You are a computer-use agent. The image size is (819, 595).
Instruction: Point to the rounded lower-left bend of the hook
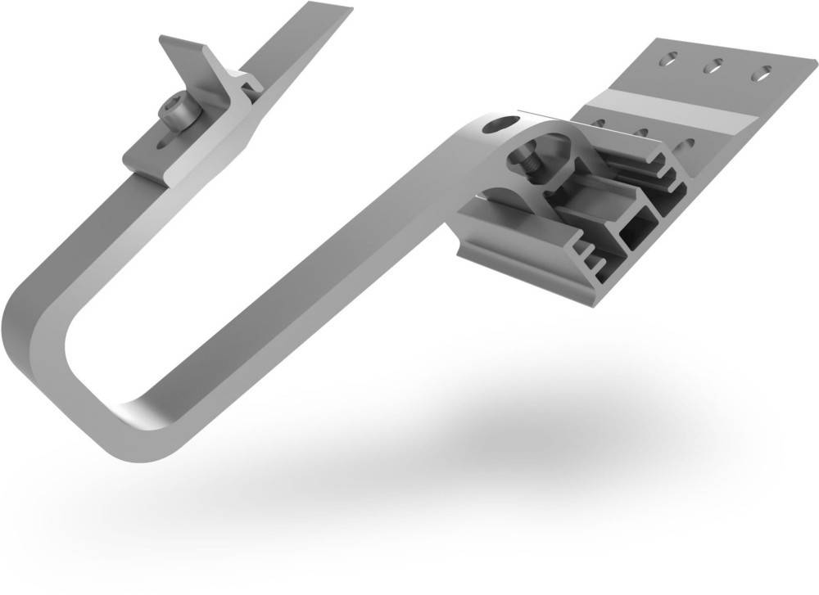[x=33, y=344]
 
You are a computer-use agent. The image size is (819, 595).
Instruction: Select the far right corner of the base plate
[x=806, y=61]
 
